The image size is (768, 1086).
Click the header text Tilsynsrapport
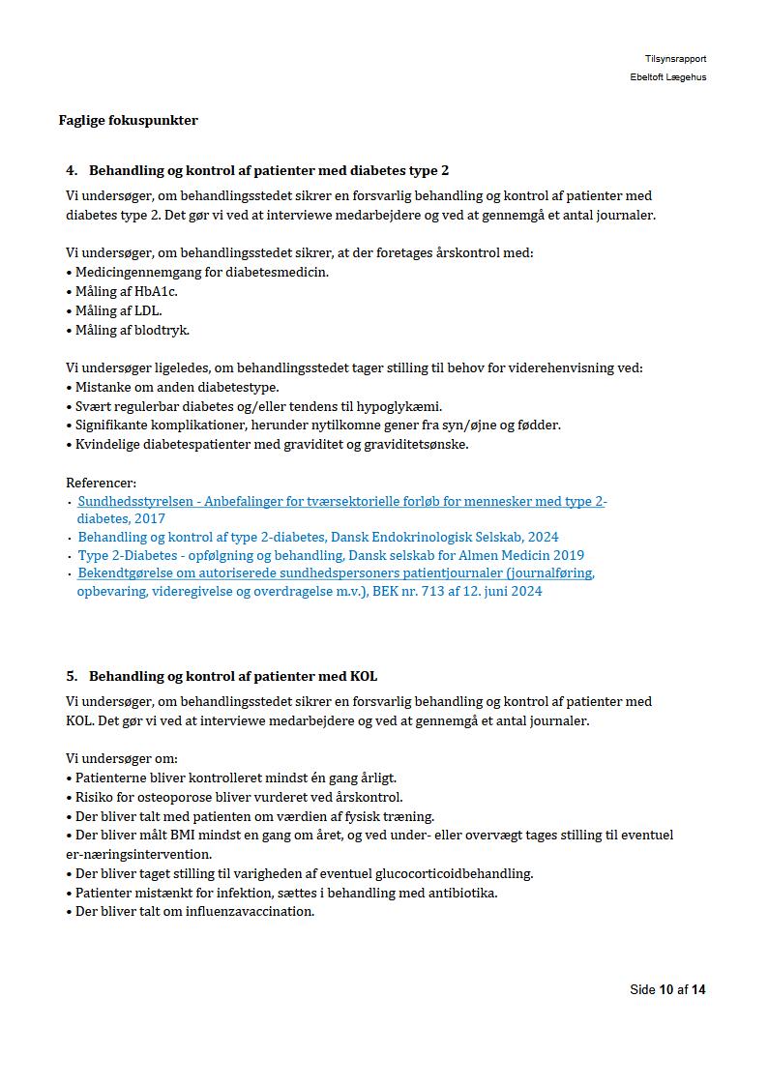[x=675, y=59]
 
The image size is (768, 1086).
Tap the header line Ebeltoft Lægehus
[x=667, y=77]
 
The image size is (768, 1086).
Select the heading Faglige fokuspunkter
[x=128, y=121]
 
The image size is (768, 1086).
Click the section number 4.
[x=72, y=171]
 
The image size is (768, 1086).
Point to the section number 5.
[x=72, y=676]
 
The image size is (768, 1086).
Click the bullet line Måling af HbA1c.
[x=126, y=291]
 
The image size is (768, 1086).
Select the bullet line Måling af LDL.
[x=118, y=310]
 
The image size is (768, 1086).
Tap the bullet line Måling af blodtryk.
[x=132, y=330]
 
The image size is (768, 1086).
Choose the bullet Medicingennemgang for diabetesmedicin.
[x=201, y=272]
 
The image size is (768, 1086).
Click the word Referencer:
[x=101, y=483]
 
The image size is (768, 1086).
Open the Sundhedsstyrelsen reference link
[x=341, y=502]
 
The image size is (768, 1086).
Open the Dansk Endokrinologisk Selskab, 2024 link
[x=317, y=537]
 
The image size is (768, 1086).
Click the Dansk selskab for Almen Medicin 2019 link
[x=330, y=556]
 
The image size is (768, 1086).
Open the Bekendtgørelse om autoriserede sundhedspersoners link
[x=336, y=573]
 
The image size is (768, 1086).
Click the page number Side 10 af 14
[x=667, y=989]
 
